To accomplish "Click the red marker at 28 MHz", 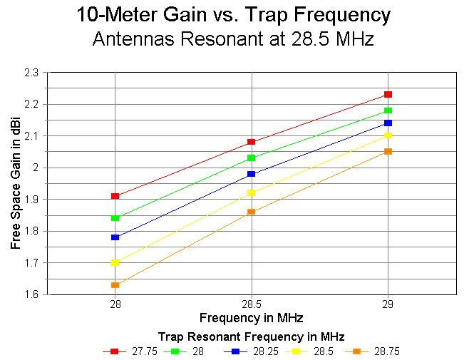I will [x=115, y=196].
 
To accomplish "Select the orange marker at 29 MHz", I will [x=388, y=151].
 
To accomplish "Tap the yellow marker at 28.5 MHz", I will [x=252, y=192].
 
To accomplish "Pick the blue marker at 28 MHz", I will [x=115, y=237].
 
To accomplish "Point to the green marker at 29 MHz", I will [x=388, y=110].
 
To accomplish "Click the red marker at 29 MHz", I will [x=388, y=94].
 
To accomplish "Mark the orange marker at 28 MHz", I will [x=115, y=285].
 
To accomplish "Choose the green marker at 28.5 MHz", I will [x=252, y=158].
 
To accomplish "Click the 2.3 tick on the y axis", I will [x=33, y=73].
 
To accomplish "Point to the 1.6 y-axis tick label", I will [x=33, y=294].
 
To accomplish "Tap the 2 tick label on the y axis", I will [x=37, y=168].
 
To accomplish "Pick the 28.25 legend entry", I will [x=254, y=351].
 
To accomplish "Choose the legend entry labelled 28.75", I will [x=376, y=351].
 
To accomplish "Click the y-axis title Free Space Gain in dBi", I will [x=15, y=183].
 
